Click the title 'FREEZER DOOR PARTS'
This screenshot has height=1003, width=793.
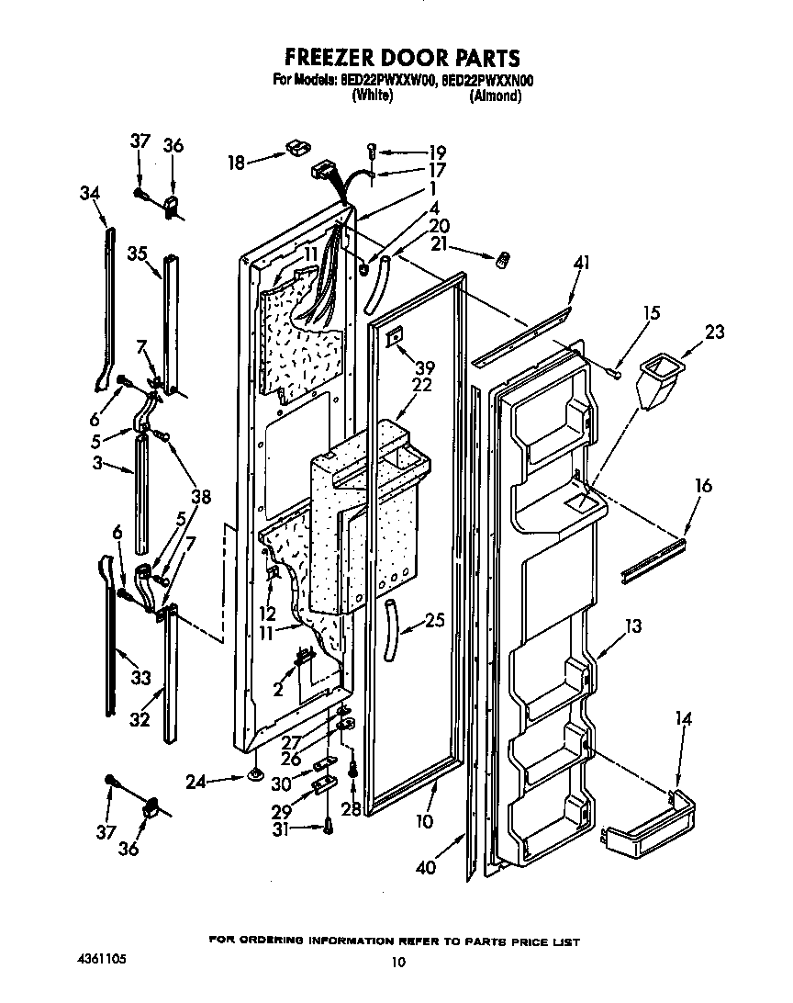[x=396, y=59]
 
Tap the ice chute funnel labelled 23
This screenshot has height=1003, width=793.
[x=658, y=380]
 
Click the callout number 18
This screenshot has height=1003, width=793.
[x=237, y=163]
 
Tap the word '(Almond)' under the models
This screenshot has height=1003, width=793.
[x=495, y=96]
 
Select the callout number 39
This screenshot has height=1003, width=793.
[x=398, y=366]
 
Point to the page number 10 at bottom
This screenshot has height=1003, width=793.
[x=396, y=962]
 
